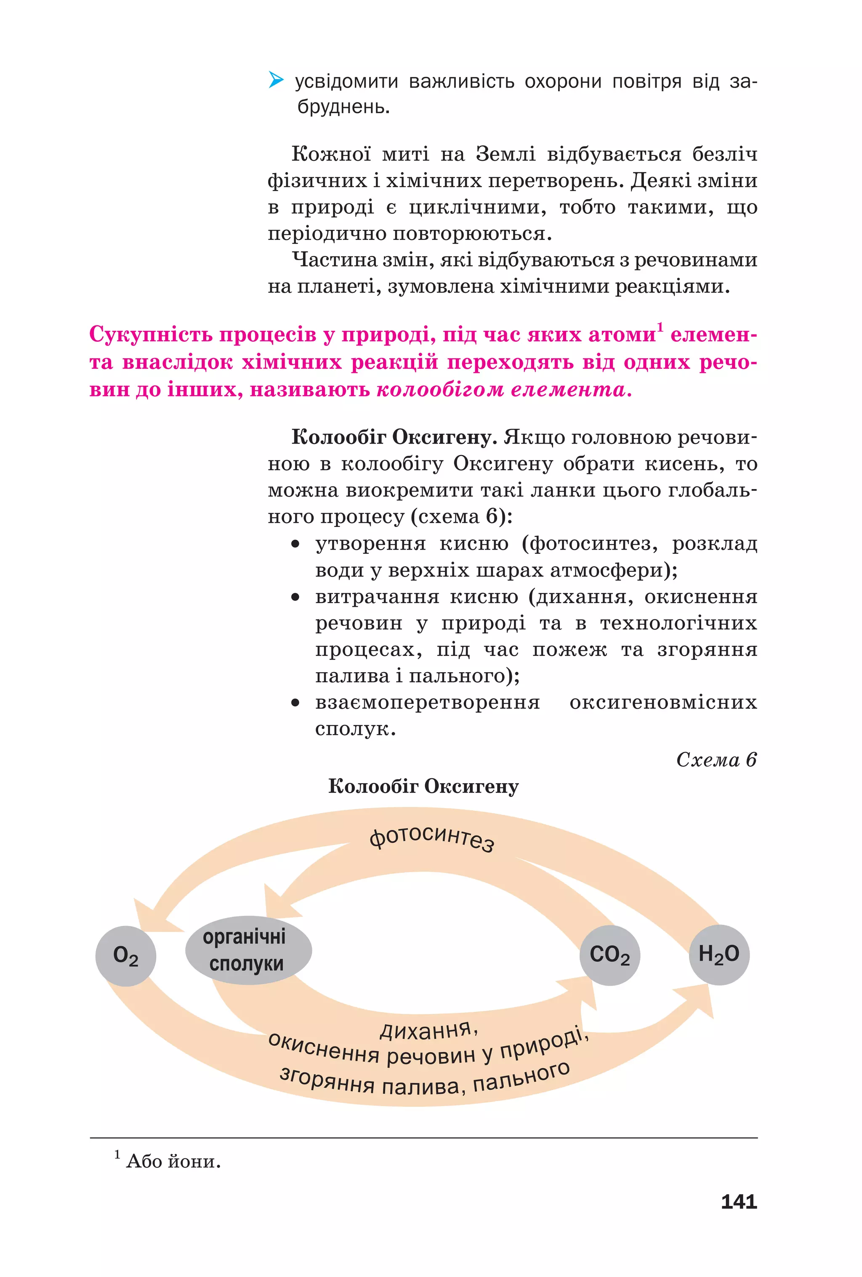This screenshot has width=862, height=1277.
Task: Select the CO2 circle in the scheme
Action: pos(609,955)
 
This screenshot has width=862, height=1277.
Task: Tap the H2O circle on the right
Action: pos(718,954)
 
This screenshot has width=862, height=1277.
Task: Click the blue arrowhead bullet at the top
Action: pos(276,81)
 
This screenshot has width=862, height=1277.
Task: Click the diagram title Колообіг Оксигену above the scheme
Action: pos(423,786)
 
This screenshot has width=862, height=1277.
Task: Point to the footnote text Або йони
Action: pos(173,1161)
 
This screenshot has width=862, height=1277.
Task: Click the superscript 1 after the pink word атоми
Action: pos(660,328)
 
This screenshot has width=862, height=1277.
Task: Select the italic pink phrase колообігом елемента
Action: pos(504,390)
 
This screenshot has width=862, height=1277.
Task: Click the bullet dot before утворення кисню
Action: pos(295,544)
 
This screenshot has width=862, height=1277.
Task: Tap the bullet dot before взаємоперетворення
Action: pos(295,703)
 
